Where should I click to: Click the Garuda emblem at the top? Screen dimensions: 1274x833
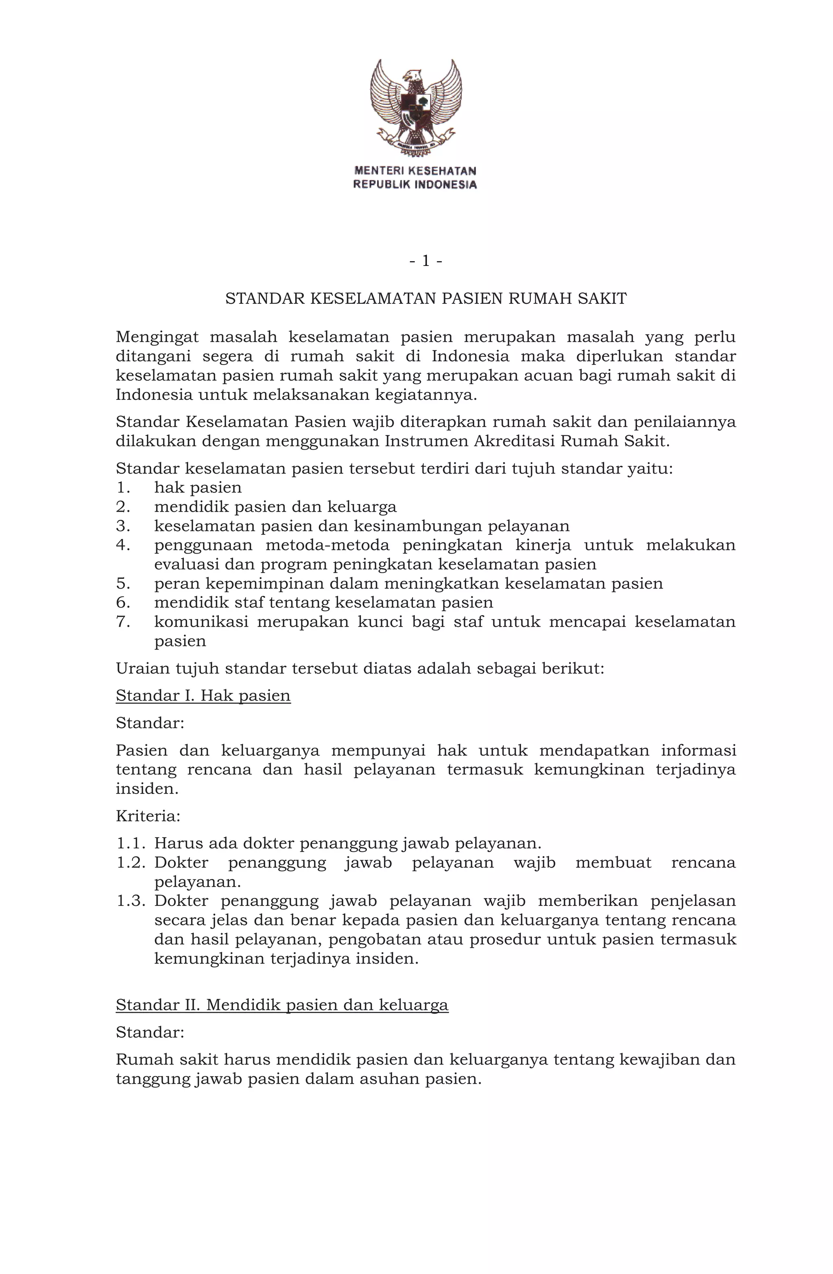(415, 107)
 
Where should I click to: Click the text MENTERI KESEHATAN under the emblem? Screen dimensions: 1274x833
(415, 171)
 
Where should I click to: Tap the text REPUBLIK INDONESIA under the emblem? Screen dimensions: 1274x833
(415, 185)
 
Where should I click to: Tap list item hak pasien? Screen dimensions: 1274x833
(198, 488)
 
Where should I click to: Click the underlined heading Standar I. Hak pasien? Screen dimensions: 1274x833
(203, 696)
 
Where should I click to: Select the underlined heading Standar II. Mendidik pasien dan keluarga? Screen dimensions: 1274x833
(281, 1005)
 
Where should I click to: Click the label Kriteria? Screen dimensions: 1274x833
(148, 816)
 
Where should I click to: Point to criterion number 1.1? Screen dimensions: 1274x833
(130, 844)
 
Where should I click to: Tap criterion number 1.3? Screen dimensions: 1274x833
(130, 901)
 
